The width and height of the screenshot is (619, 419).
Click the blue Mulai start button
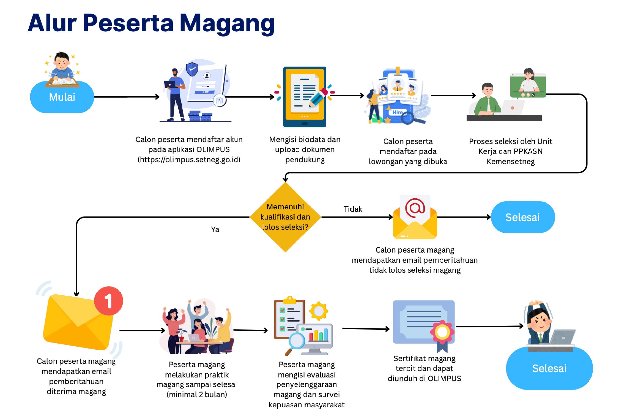tap(62, 97)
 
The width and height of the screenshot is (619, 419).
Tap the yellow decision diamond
tap(285, 217)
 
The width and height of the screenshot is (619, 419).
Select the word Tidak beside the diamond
tap(353, 209)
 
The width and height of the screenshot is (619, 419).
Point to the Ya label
tap(215, 229)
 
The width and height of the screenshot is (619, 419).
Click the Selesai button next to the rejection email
tap(522, 217)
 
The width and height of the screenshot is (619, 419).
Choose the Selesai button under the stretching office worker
tap(549, 368)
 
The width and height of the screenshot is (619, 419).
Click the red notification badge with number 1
tap(109, 301)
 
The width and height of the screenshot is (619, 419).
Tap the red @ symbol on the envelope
tap(415, 208)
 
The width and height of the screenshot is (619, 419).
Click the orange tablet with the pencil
tap(305, 97)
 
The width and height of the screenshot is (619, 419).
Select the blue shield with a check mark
tap(192, 69)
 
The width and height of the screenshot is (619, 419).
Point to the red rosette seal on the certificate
tap(442, 332)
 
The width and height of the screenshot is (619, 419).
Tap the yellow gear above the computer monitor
tap(319, 311)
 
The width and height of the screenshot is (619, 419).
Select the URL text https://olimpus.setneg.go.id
tap(189, 160)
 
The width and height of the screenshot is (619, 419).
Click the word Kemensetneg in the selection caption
tap(511, 161)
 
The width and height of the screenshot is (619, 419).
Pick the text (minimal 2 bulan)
tap(197, 395)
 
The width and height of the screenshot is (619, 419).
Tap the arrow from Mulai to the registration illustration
tap(127, 97)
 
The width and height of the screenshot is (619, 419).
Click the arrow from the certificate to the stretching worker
tap(490, 327)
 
